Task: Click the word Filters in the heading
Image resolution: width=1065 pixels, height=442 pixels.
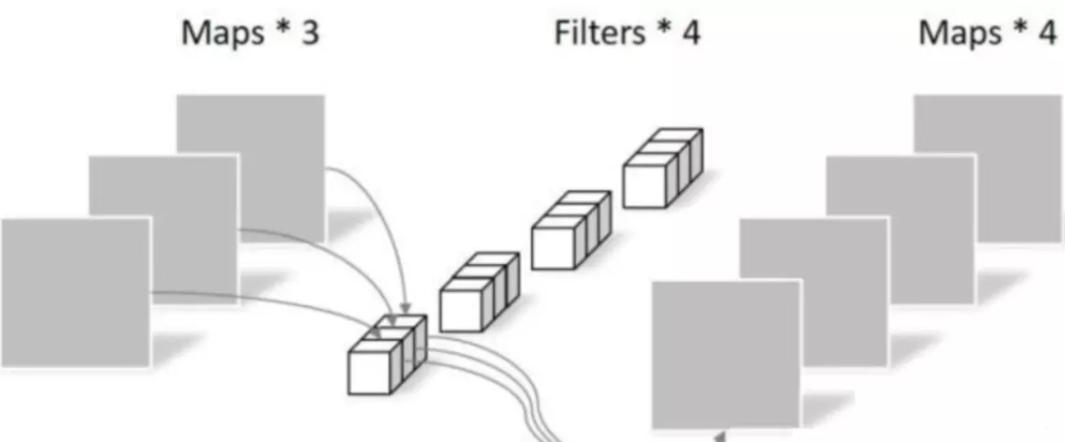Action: (x=599, y=34)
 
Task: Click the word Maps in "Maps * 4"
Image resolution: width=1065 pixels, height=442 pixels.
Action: (x=957, y=34)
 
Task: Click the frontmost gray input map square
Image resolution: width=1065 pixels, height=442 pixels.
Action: (x=75, y=291)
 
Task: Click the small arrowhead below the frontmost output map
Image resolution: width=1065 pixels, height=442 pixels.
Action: (x=717, y=435)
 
